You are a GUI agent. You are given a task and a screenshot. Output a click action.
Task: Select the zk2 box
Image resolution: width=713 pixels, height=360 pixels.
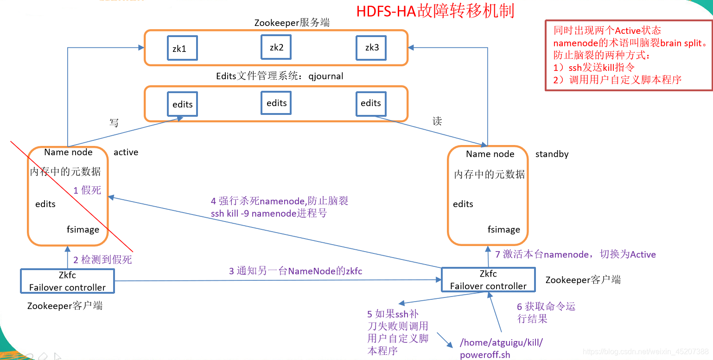[276, 47]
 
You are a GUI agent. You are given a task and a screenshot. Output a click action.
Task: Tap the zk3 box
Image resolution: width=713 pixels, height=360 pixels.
[372, 48]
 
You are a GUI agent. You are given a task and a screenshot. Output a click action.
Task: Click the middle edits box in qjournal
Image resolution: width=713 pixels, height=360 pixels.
[276, 103]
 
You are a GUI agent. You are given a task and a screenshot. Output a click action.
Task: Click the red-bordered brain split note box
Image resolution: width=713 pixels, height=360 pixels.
[628, 55]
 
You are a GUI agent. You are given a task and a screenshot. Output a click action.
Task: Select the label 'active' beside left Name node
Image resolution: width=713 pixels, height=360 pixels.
[126, 152]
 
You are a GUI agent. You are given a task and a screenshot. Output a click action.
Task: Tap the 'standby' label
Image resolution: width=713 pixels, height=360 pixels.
[552, 154]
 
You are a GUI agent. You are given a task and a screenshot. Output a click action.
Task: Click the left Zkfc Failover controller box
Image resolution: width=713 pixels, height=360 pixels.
[67, 281]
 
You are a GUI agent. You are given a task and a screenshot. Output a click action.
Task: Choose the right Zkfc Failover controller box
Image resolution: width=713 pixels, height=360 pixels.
[488, 280]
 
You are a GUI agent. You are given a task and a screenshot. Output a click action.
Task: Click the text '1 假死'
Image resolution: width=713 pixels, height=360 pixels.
[87, 190]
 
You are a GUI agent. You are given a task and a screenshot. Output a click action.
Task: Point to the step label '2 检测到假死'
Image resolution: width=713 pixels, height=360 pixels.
[102, 260]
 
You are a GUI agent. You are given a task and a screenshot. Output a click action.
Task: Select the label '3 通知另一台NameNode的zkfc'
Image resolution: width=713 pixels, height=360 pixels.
[295, 271]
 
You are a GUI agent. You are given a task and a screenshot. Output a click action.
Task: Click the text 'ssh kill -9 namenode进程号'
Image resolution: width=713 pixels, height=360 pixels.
[269, 214]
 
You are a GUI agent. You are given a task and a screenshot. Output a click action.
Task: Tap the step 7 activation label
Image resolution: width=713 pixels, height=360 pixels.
[575, 254]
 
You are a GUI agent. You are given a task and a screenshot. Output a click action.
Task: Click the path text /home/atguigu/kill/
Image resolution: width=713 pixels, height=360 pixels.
[501, 343]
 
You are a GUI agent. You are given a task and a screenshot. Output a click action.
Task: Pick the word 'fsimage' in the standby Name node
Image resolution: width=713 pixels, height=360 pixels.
[503, 229]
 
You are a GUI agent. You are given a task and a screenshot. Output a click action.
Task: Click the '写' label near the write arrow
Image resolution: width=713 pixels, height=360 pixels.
[114, 123]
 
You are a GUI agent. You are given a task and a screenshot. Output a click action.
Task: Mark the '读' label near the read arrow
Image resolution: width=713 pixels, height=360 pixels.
[437, 121]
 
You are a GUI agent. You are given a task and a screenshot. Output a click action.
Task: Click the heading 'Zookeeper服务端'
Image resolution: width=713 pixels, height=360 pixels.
[292, 23]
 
